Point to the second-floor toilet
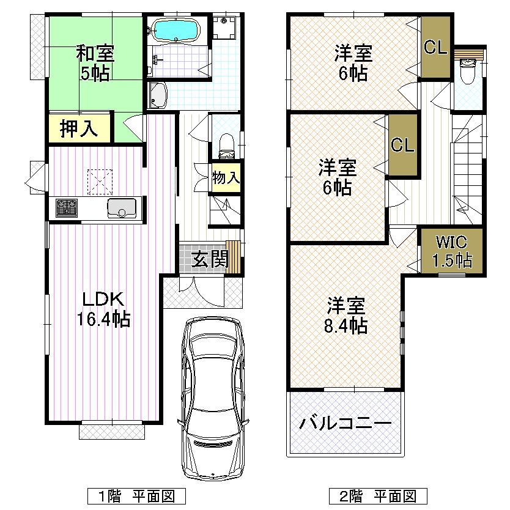pyautogui.click(x=468, y=72)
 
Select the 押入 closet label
pyautogui.click(x=78, y=129)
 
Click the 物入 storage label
pyautogui.click(x=225, y=178)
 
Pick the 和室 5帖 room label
pyautogui.click(x=93, y=63)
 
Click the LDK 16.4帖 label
pyautogui.click(x=103, y=309)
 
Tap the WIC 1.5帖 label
pyautogui.click(x=452, y=251)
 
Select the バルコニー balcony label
pyautogui.click(x=346, y=423)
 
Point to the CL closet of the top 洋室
pyautogui.click(x=435, y=48)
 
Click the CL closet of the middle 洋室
pyautogui.click(x=402, y=146)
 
